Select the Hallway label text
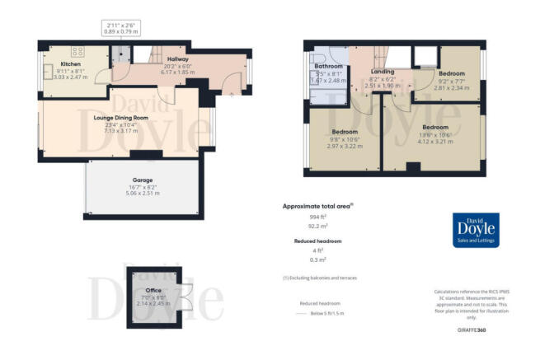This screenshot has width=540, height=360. click(178, 59)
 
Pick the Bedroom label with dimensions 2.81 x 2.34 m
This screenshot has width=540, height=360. click(451, 73)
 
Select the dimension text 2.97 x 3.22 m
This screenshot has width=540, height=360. click(344, 144)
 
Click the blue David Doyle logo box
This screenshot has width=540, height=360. click(482, 231)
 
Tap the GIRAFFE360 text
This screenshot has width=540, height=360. click(475, 330)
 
